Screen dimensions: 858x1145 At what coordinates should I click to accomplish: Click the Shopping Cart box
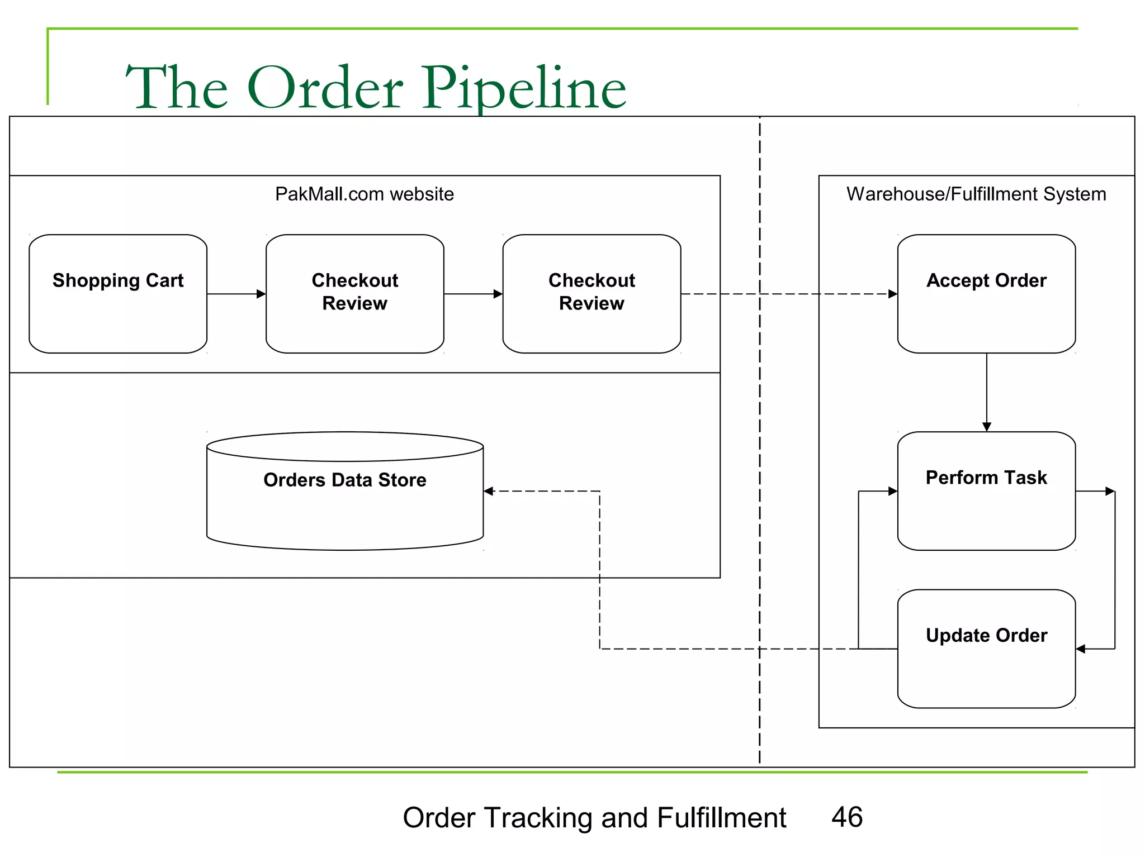click(118, 294)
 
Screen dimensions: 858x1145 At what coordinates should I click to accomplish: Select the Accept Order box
click(986, 294)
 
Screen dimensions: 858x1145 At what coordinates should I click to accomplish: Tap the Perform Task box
click(986, 491)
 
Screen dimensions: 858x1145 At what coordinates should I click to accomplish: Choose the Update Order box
click(986, 649)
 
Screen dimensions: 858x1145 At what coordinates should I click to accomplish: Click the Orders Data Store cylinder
click(345, 492)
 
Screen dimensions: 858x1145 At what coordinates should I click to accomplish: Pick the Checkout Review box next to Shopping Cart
click(355, 294)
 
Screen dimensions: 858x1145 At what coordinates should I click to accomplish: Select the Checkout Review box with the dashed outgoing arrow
click(592, 294)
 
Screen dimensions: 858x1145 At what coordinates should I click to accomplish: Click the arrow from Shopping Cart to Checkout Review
click(236, 294)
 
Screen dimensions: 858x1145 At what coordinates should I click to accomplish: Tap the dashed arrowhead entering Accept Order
click(893, 294)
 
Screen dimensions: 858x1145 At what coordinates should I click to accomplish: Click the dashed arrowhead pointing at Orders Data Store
click(489, 491)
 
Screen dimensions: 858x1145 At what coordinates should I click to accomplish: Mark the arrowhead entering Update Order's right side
click(1081, 649)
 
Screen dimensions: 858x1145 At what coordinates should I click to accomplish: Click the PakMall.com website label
click(365, 194)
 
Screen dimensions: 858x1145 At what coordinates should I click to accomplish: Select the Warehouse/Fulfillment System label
click(976, 194)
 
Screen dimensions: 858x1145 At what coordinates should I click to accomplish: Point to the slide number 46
click(846, 818)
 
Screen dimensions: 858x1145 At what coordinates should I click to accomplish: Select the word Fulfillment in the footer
click(721, 818)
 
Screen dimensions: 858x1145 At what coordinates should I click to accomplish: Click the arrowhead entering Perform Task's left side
click(893, 491)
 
